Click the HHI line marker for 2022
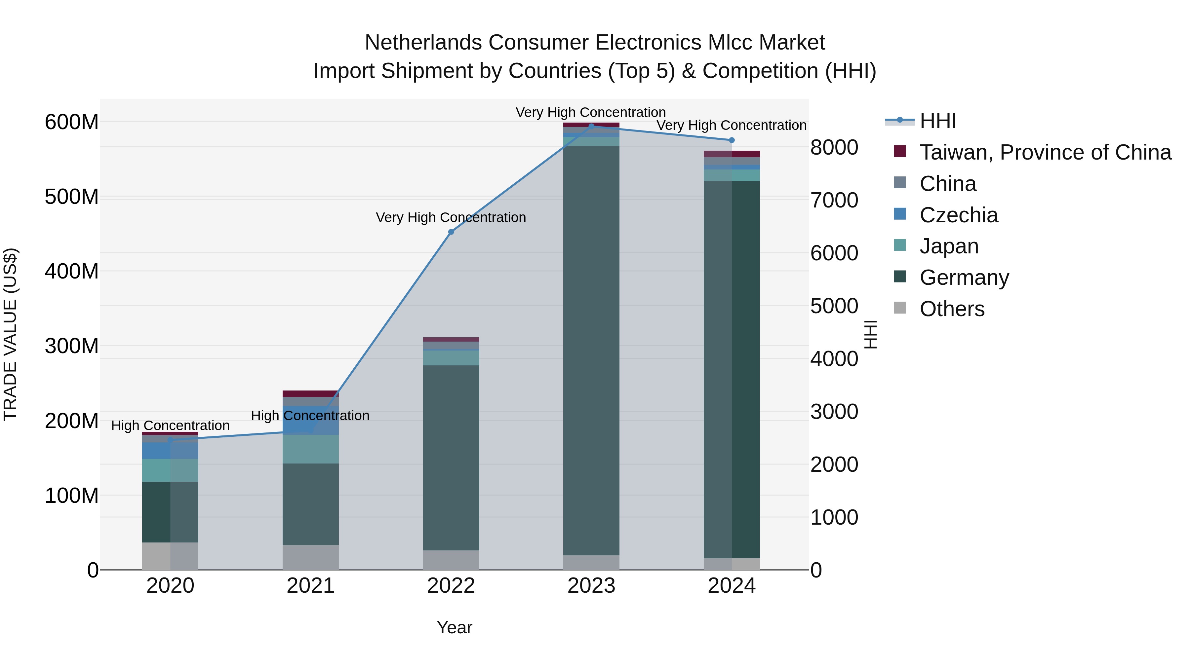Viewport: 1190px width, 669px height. click(451, 232)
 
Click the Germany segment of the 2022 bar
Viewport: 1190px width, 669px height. click(451, 457)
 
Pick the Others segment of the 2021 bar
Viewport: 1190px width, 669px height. click(310, 557)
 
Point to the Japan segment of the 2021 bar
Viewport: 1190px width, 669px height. click(310, 449)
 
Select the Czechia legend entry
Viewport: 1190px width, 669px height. click(959, 215)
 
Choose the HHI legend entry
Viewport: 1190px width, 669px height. click(937, 121)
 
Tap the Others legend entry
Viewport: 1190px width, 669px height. click(952, 309)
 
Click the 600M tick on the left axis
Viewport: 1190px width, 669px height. click(72, 122)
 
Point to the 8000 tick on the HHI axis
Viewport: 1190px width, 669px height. click(834, 148)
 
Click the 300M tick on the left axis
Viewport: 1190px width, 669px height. click(72, 346)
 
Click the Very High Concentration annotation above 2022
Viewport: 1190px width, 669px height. click(451, 217)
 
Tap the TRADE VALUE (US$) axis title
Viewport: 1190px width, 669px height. click(10, 334)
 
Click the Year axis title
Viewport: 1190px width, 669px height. click(454, 627)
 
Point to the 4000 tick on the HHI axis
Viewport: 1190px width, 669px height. click(834, 359)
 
